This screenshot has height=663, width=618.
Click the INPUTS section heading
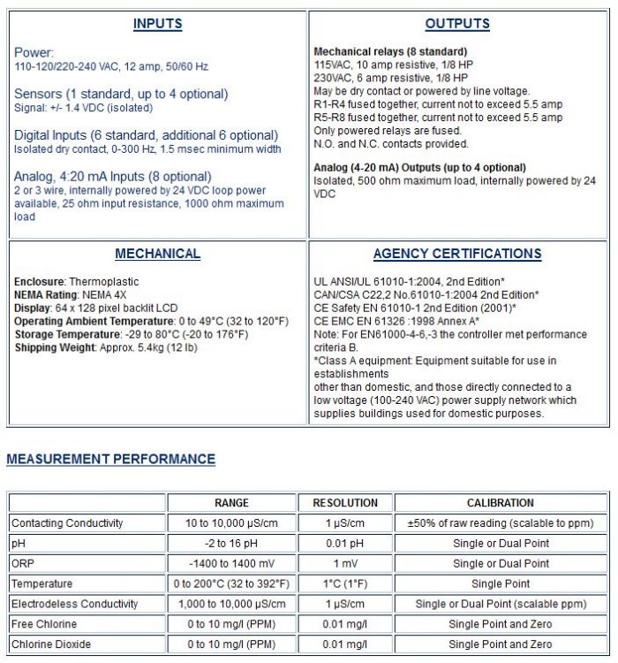157,24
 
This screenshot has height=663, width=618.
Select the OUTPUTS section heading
457,24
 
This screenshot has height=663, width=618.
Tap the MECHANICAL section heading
157,254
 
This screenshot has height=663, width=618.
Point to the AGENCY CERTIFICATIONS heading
457,254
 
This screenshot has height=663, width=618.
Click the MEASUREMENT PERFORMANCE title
111,460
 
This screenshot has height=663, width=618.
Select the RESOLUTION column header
345,503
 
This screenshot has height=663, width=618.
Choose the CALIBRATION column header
501,503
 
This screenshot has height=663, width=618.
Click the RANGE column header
232,503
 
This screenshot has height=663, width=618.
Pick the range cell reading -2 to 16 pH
232,543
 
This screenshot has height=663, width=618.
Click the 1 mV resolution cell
345,563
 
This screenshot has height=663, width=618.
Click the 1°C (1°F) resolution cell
345,583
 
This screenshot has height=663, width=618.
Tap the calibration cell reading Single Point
501,583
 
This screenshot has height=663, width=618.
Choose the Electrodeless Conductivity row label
75,604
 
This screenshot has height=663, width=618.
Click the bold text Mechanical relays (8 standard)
390,52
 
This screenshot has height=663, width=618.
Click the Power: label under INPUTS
34,52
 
